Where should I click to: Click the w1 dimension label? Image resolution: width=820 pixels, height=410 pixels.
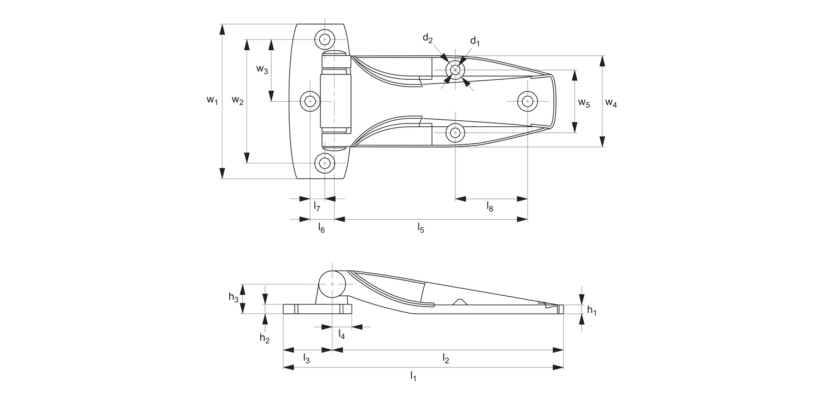pos(212,101)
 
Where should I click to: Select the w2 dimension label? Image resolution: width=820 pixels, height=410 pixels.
pos(237,100)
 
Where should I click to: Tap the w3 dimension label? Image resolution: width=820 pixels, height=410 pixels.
pos(262,69)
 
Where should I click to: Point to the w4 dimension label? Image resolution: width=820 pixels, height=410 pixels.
pos(611,103)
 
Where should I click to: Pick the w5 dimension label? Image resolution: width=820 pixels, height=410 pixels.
pos(584,103)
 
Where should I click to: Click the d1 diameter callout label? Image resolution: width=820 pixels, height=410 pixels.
pos(475,42)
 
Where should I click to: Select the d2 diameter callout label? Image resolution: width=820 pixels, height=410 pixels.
pos(427,38)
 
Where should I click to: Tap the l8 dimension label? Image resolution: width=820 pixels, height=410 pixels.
pos(490,207)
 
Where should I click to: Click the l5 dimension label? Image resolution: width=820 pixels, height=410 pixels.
pos(421,227)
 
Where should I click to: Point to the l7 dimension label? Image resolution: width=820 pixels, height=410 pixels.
pos(317,207)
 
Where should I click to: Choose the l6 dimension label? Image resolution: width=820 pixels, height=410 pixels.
pos(321,229)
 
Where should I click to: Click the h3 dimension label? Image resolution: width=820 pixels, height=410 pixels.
pos(233,297)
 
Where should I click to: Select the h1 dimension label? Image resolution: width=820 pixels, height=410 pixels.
pos(591,311)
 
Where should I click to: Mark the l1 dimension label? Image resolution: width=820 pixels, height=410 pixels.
pos(414,376)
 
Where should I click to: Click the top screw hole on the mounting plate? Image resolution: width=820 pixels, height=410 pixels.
pos(325,39)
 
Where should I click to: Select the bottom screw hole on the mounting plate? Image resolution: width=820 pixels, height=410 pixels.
pos(325,163)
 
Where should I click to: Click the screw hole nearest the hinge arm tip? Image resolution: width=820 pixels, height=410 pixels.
pos(527,101)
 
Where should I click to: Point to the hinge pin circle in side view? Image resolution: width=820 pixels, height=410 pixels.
pos(332,284)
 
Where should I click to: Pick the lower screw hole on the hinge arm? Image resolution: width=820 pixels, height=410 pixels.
pos(455,132)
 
